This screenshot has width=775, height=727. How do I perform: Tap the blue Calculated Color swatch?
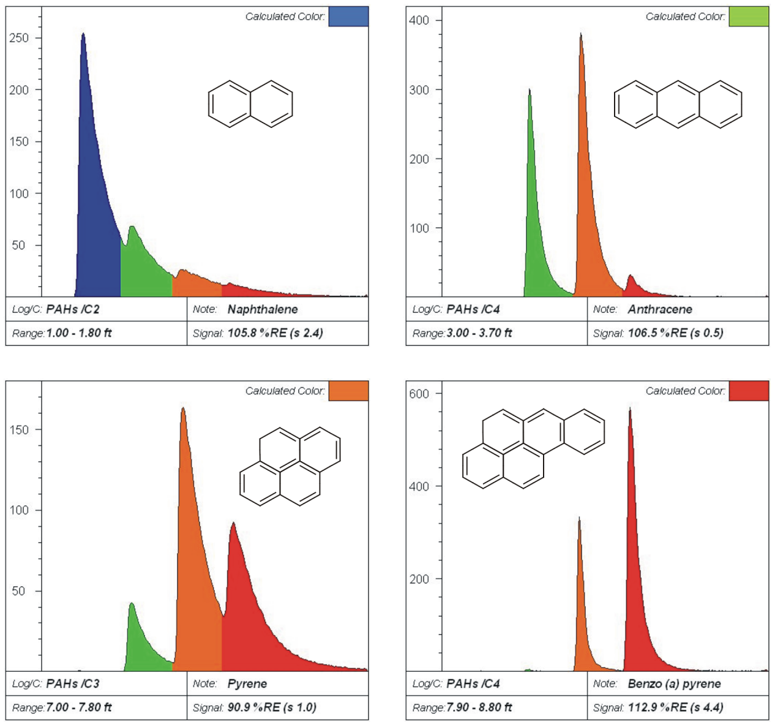pyautogui.click(x=348, y=17)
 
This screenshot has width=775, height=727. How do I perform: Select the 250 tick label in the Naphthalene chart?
pyautogui.click(x=19, y=38)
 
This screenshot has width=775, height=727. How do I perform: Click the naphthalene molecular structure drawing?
pyautogui.click(x=250, y=104)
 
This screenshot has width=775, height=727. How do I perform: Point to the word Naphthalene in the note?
pyautogui.click(x=263, y=309)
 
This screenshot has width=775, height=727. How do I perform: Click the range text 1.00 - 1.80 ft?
pyautogui.click(x=79, y=333)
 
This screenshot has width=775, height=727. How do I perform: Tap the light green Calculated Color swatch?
pyautogui.click(x=748, y=17)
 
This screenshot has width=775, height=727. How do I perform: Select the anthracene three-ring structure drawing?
pyautogui.click(x=678, y=104)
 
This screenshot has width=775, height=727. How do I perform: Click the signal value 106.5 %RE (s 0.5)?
pyautogui.click(x=675, y=333)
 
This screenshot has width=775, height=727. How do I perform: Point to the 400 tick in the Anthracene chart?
pyautogui.click(x=419, y=20)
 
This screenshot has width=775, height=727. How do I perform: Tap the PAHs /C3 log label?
pyautogui.click(x=73, y=684)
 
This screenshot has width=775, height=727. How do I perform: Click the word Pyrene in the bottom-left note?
pyautogui.click(x=247, y=684)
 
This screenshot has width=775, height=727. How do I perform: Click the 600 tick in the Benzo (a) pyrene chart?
pyautogui.click(x=419, y=394)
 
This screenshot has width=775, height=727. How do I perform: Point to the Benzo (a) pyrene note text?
pyautogui.click(x=674, y=684)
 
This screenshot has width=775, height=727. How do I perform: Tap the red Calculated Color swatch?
pyautogui.click(x=748, y=391)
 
